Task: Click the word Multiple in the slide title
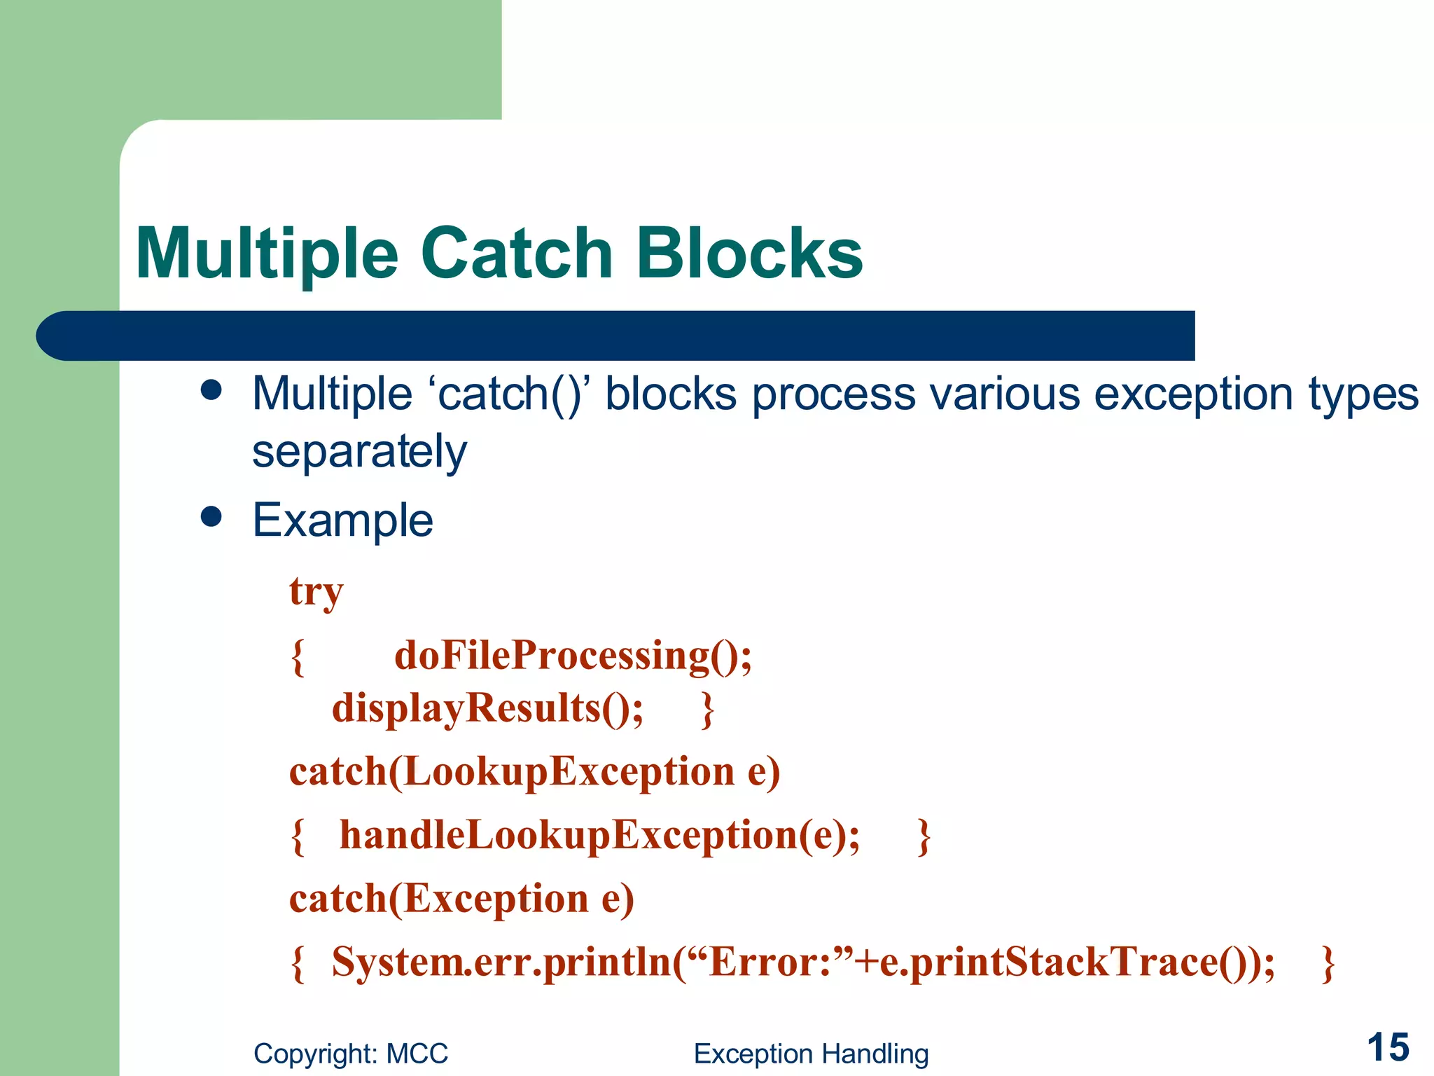tap(267, 254)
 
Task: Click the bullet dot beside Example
tap(211, 517)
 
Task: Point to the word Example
tap(342, 520)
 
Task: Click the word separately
tap(359, 452)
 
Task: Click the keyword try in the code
tap(316, 592)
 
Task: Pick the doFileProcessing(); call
tap(573, 656)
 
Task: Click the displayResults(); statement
tap(487, 708)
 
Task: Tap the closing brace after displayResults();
tap(708, 710)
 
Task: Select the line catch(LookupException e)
tap(534, 772)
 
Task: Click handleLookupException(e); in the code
tap(599, 835)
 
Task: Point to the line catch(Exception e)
tap(461, 899)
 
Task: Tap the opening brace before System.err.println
tap(298, 963)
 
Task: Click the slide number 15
tap(1388, 1048)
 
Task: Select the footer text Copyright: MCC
tap(351, 1054)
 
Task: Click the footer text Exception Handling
tap(811, 1054)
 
